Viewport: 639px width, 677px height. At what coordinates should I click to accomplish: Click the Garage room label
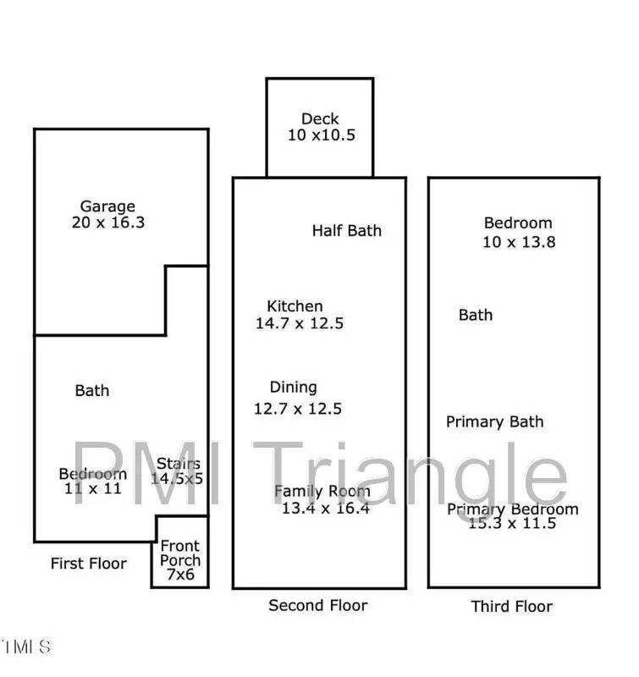[107, 206]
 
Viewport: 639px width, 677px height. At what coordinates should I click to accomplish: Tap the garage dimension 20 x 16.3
[107, 223]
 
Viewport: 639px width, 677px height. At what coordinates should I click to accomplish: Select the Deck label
[320, 119]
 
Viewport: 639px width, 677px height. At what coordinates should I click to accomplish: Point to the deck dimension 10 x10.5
[320, 135]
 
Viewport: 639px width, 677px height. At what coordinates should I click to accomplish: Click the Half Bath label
[346, 230]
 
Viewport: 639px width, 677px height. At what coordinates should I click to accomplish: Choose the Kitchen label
[295, 306]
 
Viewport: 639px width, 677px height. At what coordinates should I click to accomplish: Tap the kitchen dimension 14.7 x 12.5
[300, 323]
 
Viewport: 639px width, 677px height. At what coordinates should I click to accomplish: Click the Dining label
[293, 388]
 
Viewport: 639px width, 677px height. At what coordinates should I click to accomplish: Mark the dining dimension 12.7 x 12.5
[298, 409]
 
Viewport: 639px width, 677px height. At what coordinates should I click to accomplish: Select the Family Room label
[322, 491]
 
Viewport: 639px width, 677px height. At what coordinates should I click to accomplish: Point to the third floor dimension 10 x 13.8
[518, 242]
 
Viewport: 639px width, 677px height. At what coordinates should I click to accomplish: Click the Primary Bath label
[494, 421]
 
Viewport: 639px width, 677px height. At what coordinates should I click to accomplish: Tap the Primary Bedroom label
[512, 509]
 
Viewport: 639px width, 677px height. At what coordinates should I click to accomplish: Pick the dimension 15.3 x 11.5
[512, 524]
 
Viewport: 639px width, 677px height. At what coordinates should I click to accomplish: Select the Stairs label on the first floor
[179, 463]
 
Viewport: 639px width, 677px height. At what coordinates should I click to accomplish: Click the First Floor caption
[88, 564]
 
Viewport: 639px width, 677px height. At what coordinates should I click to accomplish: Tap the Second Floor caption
[317, 605]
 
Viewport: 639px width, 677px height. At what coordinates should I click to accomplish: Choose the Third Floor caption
[511, 606]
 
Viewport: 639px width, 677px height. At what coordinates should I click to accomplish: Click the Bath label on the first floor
[92, 390]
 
